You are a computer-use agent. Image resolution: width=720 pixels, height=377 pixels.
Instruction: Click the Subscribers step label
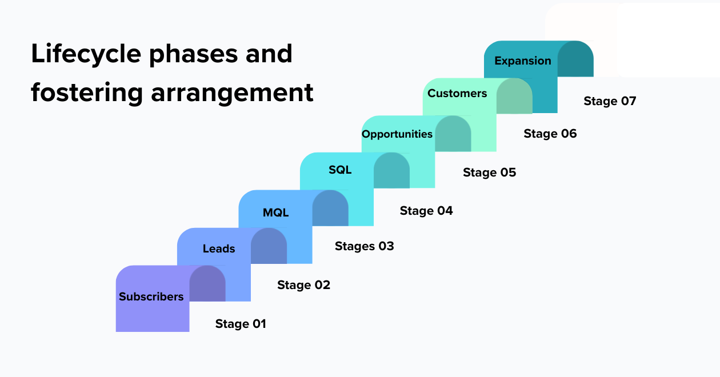[x=151, y=296]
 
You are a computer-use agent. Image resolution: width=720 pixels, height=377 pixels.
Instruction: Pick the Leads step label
[x=219, y=248]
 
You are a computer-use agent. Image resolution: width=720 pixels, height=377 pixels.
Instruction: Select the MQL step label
[x=275, y=212]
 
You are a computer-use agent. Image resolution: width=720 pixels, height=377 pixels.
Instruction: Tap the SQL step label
[x=340, y=170]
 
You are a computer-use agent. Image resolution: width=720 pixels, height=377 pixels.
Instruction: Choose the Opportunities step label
[x=397, y=134]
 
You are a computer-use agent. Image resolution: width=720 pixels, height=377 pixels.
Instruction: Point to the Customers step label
[x=457, y=93]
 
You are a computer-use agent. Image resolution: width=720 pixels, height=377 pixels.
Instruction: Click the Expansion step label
[x=523, y=61]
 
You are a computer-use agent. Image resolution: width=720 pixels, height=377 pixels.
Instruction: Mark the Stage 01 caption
[x=241, y=324]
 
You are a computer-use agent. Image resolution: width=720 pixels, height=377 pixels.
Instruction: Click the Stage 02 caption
[x=303, y=284]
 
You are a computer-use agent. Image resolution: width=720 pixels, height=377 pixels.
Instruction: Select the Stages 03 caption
[x=364, y=246]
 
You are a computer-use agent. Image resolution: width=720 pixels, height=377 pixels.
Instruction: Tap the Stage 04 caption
[x=426, y=211]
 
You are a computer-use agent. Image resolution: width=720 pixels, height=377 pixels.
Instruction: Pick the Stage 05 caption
[x=489, y=173]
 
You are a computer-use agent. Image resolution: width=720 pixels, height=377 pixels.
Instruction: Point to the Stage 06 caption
[x=550, y=134]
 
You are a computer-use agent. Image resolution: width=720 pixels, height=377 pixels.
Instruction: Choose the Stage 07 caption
[x=610, y=101]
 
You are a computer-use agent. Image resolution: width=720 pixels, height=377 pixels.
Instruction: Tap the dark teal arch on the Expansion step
[x=575, y=59]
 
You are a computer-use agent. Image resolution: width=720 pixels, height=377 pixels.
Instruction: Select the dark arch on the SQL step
[x=391, y=171]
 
